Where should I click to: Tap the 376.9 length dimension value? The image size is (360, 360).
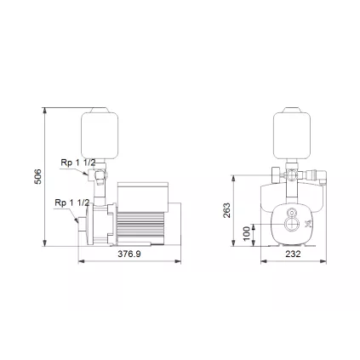(x=129, y=254)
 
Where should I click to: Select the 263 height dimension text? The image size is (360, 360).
(x=226, y=209)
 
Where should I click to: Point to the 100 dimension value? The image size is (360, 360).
(x=247, y=232)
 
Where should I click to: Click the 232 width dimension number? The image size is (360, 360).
(x=293, y=254)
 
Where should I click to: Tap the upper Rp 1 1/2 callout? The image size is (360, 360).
(x=76, y=161)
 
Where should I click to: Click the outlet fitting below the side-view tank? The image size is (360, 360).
(x=100, y=179)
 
